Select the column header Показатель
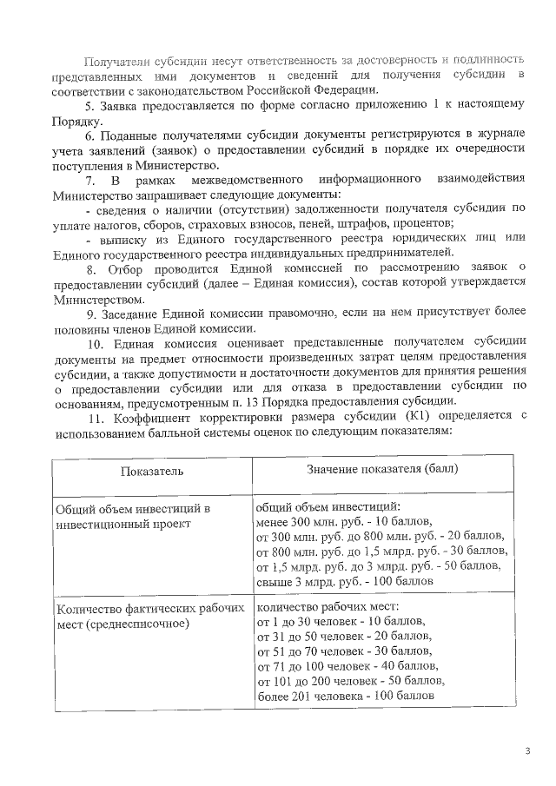[x=151, y=470]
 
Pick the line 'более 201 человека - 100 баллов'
[x=345, y=696]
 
